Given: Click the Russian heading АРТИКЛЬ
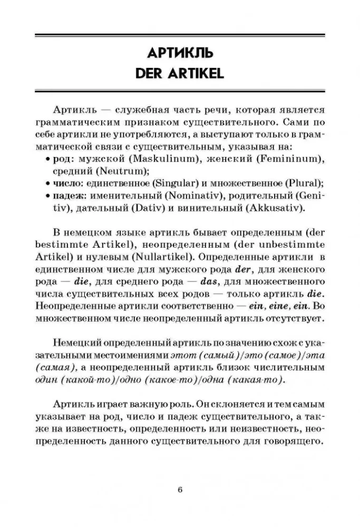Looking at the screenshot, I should (x=179, y=52).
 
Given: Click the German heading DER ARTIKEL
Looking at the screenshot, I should (x=179, y=72).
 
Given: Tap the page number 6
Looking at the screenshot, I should (x=180, y=489).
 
